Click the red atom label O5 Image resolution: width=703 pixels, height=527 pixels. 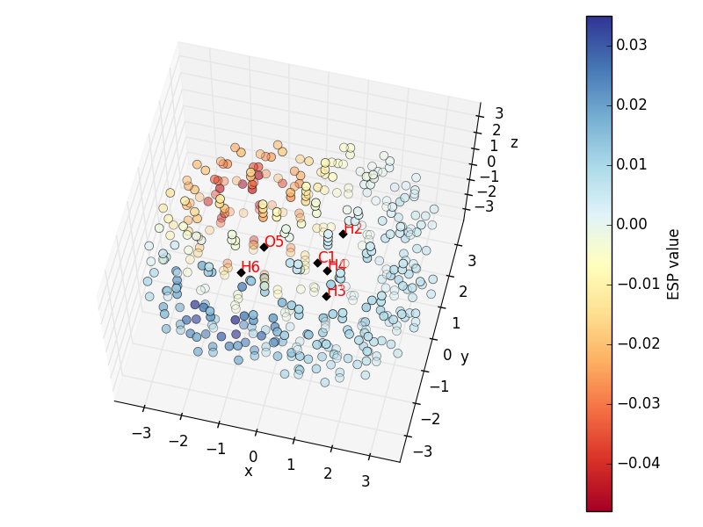pos(274,242)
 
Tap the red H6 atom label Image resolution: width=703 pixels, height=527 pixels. pos(250,267)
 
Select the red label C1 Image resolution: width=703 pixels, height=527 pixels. pos(327,257)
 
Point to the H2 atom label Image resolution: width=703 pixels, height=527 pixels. pos(353,229)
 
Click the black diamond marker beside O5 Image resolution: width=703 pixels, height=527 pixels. pos(264,247)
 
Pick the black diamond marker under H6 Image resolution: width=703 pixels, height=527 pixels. pos(241,272)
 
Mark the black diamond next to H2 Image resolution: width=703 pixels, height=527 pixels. pos(343,234)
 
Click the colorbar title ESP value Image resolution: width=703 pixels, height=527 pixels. pos(674,263)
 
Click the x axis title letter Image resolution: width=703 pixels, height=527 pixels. pos(249,472)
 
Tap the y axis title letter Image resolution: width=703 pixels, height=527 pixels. pos(465,357)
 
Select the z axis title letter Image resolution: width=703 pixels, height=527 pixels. pos(514,143)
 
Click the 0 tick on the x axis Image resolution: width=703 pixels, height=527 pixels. pos(253,456)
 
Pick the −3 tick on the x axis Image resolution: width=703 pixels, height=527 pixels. pos(138,433)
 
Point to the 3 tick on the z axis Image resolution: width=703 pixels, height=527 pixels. pos(498,113)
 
